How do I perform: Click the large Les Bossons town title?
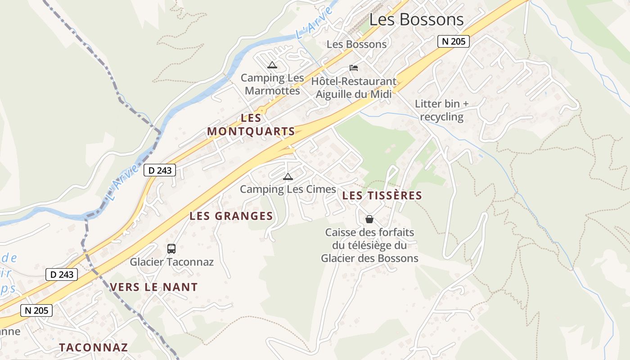[416, 19]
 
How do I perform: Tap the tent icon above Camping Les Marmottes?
[272, 65]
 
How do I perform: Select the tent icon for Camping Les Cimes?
[288, 176]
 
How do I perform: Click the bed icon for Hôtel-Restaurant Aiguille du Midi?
[354, 68]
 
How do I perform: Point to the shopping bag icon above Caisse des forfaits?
[369, 219]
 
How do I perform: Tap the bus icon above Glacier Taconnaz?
[171, 248]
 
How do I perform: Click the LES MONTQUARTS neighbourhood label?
[251, 125]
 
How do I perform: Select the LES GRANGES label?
[231, 216]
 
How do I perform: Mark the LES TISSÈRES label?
[382, 196]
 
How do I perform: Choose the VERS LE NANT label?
[154, 287]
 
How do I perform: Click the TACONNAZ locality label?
[94, 347]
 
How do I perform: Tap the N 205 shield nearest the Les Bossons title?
[454, 41]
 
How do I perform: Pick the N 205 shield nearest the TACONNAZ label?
[36, 310]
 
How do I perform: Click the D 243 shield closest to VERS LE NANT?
[62, 274]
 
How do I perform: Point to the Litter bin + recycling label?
[441, 110]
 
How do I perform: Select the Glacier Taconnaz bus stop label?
[172, 262]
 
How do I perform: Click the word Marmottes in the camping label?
[272, 90]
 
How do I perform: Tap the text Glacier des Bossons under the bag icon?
[369, 258]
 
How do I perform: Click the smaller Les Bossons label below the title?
[356, 44]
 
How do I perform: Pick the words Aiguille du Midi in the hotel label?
[354, 94]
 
